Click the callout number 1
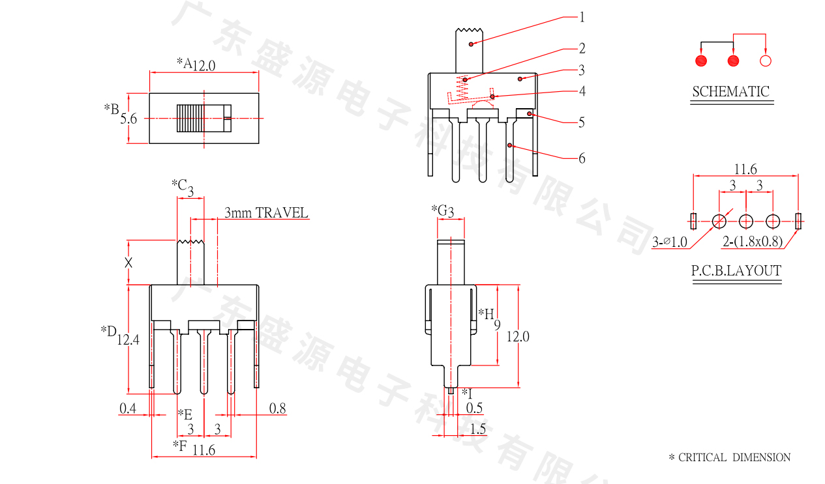(582, 17)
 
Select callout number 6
(582, 158)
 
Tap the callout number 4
(582, 91)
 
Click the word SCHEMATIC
(730, 92)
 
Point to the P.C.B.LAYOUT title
(736, 271)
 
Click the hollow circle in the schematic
(766, 61)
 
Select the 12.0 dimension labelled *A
(203, 65)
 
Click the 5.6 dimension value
(128, 119)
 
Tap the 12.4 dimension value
(128, 339)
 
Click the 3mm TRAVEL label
(266, 213)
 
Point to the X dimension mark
(128, 263)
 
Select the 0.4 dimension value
(128, 408)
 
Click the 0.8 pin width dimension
(277, 408)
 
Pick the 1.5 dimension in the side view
(477, 429)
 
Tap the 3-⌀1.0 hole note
(670, 242)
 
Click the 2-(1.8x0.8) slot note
(752, 242)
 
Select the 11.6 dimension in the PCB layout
(745, 169)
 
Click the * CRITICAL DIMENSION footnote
(729, 457)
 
